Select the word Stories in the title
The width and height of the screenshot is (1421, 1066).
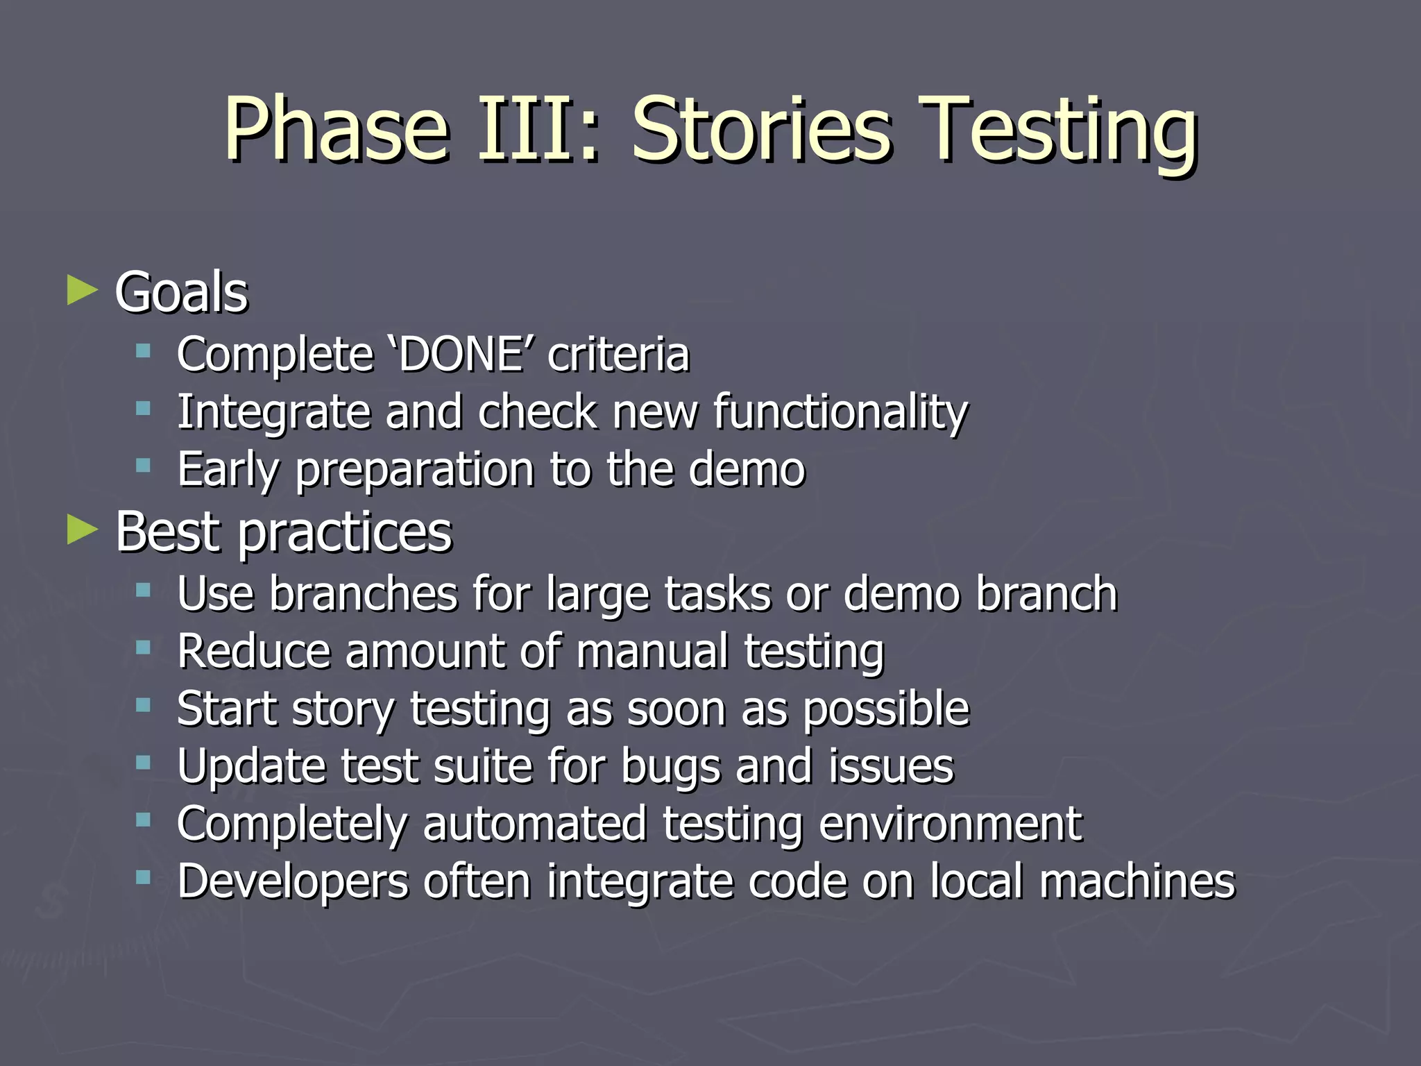pos(759,129)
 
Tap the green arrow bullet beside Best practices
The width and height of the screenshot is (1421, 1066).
pos(83,531)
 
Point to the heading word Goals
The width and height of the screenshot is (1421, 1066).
pos(181,292)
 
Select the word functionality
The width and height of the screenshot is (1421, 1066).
pos(840,412)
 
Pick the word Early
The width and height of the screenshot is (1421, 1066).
pos(228,471)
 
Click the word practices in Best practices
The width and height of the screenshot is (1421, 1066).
pos(345,533)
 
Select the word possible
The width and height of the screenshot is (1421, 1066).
pos(886,709)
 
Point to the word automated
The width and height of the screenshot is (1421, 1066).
pos(534,824)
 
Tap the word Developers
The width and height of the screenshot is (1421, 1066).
pos(292,883)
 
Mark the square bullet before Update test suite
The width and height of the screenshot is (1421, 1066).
pos(144,763)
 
